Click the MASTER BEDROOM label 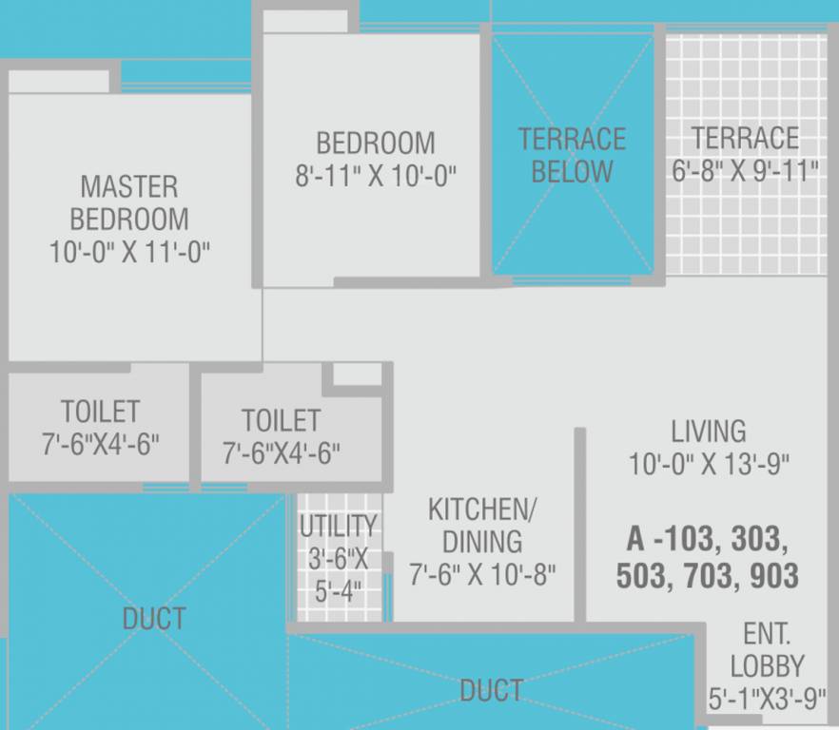tap(128, 202)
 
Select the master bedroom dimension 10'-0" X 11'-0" tap(129, 252)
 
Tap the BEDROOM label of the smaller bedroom tap(375, 144)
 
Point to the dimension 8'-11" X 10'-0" tap(376, 177)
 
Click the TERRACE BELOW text tap(572, 156)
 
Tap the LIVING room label tap(709, 431)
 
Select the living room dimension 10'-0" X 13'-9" tap(709, 465)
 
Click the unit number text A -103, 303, tap(707, 539)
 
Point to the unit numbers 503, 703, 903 tap(707, 576)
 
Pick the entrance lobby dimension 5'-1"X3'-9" tap(767, 700)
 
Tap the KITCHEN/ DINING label tap(482, 525)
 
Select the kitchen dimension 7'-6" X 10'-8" tap(482, 574)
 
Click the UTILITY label tap(338, 526)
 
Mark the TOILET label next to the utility tap(281, 420)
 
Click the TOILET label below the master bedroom tap(100, 412)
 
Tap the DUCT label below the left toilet tap(153, 619)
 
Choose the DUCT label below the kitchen tap(491, 690)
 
